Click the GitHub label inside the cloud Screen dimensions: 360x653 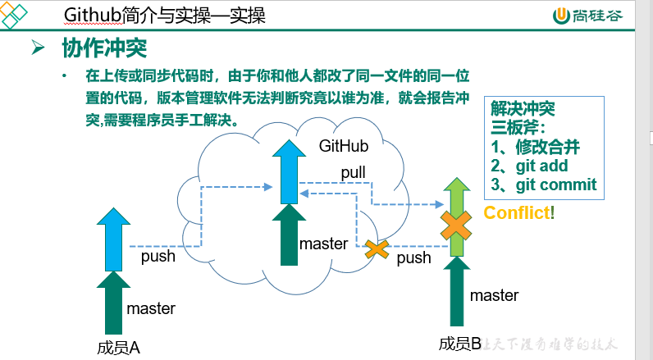click(344, 145)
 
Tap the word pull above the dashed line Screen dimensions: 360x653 click(354, 172)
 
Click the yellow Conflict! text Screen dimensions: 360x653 click(519, 213)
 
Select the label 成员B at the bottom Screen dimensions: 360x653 click(460, 344)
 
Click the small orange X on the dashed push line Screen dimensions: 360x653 click(377, 247)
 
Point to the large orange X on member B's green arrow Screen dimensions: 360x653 click(454, 223)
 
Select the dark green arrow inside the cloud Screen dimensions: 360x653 click(289, 235)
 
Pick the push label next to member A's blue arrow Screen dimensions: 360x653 click(158, 257)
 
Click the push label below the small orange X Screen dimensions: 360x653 click(413, 258)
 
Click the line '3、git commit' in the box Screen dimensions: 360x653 click(544, 185)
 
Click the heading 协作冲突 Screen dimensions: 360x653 click(103, 48)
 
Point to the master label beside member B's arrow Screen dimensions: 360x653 click(494, 295)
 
